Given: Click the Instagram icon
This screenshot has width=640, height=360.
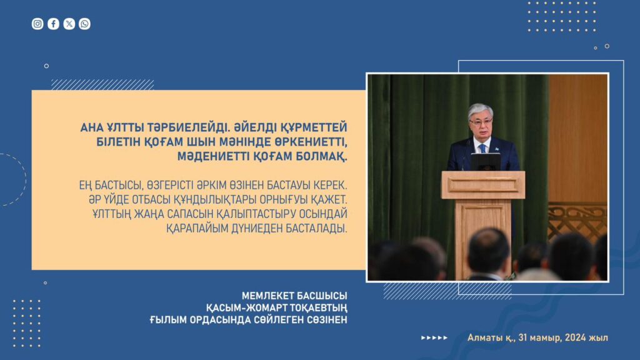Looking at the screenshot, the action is click(37, 24).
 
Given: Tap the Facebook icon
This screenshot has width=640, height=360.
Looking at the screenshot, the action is click(54, 24).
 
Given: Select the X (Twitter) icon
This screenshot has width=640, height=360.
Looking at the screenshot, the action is click(69, 24).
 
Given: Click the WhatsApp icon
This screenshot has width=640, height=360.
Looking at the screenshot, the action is click(84, 24).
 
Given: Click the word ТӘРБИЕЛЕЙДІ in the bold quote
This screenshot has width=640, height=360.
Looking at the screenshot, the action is click(187, 127).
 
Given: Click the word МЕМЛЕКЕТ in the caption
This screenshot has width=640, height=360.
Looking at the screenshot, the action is click(267, 296).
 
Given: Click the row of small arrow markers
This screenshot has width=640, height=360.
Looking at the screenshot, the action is click(434, 338).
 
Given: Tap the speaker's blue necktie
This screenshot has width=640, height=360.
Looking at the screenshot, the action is click(482, 148).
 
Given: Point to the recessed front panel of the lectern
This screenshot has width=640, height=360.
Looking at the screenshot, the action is click(483, 185).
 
